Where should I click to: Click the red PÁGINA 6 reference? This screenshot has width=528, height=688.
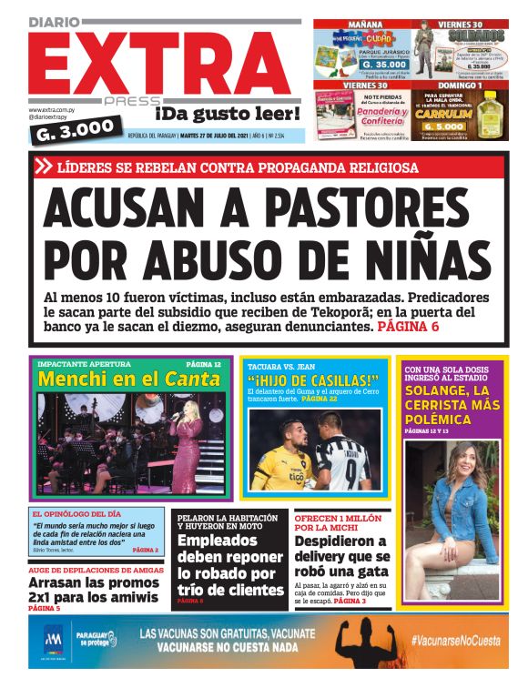coord(408,325)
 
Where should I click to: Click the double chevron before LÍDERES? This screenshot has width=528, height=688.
coord(44,167)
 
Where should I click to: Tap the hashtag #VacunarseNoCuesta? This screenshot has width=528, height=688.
coord(454,641)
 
